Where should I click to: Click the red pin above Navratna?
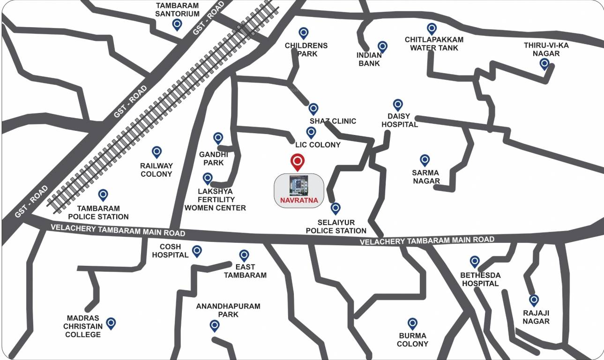point(297,162)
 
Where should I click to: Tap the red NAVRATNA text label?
point(298,201)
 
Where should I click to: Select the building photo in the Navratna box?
point(298,186)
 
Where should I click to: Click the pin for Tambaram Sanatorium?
point(177,24)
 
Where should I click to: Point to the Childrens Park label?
point(306,50)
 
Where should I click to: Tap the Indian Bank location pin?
point(382,46)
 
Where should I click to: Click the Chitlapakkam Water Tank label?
point(434,44)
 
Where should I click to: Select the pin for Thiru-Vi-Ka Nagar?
point(544,64)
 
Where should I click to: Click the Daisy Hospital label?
point(399,120)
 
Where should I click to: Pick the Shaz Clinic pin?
point(313,109)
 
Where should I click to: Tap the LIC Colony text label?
point(318,145)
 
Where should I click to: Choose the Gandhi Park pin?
point(218,138)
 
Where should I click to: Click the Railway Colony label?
point(157,170)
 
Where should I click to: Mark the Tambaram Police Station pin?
point(103,195)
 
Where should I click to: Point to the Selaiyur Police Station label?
point(336,226)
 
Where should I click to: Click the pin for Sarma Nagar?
point(425,160)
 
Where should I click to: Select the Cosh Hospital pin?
point(197,251)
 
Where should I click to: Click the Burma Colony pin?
point(412,323)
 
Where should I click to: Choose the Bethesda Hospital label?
point(480,279)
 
